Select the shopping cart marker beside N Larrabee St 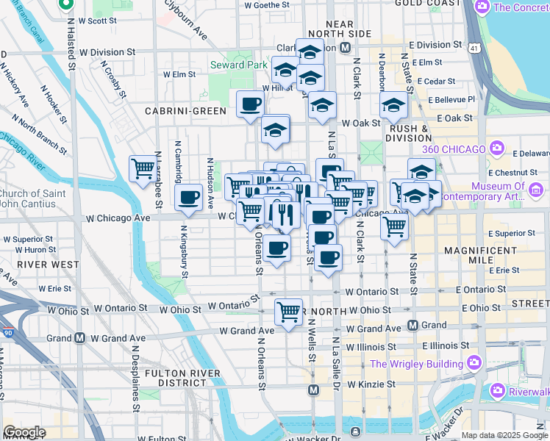tap(143, 168)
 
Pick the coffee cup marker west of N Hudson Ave tap(189, 198)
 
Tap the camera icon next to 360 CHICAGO tap(498, 150)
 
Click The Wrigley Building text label tap(415, 363)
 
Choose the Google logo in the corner tap(24, 432)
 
